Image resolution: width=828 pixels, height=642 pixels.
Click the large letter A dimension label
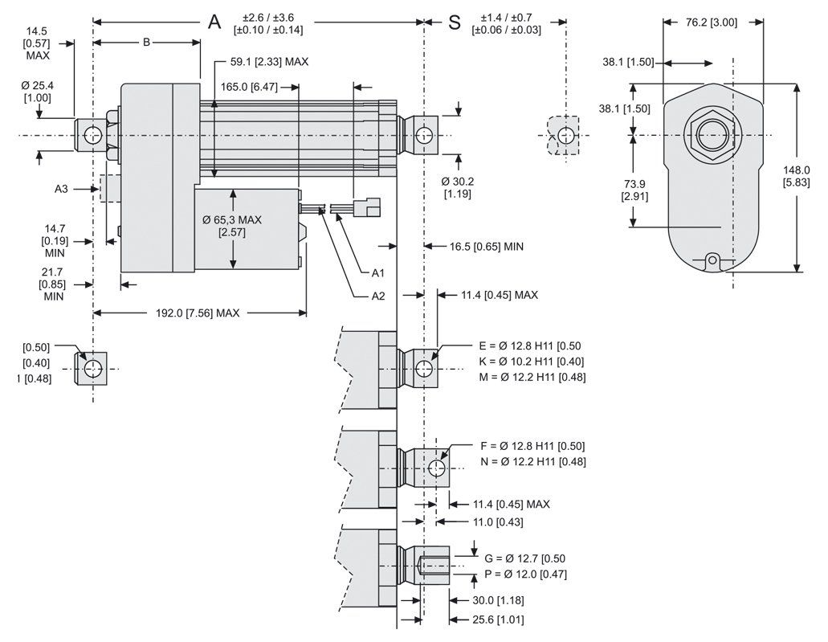tap(214, 21)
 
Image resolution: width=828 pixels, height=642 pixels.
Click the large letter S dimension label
tap(455, 22)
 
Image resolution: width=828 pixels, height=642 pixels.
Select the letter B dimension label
tap(146, 43)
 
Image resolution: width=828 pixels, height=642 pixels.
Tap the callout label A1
tap(378, 273)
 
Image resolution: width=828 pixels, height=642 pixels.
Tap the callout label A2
tap(378, 296)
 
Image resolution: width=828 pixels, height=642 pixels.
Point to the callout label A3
tap(61, 189)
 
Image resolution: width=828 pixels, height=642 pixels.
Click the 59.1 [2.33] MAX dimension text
tap(269, 61)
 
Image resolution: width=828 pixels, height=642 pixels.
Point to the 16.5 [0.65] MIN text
tap(486, 247)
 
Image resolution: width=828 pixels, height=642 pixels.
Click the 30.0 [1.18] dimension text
tap(487, 600)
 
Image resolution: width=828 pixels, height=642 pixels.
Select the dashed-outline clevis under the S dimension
tap(565, 134)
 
